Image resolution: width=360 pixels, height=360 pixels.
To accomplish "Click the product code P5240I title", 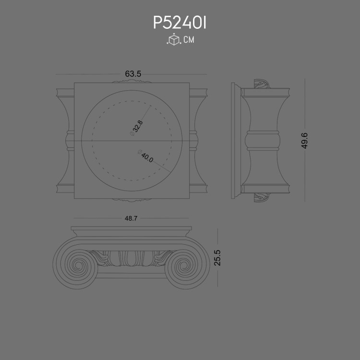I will (180, 23).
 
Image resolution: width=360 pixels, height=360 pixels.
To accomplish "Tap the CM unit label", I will (189, 40).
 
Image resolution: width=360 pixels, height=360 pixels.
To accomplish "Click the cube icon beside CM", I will (173, 40).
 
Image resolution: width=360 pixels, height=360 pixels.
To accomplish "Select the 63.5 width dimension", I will (133, 74).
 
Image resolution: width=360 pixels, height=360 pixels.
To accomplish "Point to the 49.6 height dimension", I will (304, 141).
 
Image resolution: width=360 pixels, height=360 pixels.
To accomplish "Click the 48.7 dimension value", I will (131, 218).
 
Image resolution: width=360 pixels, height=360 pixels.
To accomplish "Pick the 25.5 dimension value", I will (217, 258).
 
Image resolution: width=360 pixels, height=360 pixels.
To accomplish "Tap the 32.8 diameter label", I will (137, 127).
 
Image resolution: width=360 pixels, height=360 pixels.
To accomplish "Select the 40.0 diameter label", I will (146, 157).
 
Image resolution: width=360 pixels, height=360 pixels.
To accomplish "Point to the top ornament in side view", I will (262, 85).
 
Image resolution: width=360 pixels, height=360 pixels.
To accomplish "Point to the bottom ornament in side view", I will (262, 197).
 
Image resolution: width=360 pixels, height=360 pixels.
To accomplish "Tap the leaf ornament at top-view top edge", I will (132, 82).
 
